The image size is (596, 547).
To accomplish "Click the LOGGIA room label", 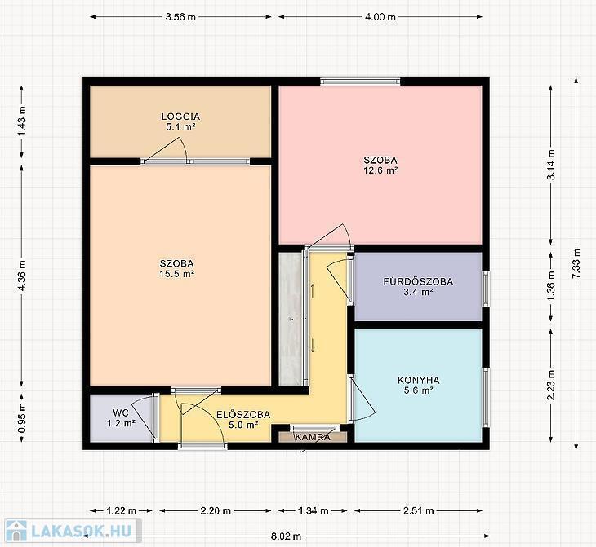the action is click(180, 117).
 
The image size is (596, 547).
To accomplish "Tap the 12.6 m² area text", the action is click(380, 170).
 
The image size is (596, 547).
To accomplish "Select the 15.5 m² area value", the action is click(177, 274).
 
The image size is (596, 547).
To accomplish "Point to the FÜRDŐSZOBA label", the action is click(418, 282).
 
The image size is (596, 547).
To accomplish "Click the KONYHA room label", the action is click(419, 380).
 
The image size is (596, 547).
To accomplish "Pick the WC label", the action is click(121, 412).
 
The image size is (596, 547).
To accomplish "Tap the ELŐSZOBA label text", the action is click(243, 414).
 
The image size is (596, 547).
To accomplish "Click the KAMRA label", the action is click(313, 437).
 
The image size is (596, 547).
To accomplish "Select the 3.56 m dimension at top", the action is click(180, 17).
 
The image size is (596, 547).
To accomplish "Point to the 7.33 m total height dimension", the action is click(576, 264).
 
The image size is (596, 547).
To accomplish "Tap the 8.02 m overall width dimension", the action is click(286, 536).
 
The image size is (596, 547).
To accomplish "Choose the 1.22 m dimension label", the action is click(122, 510).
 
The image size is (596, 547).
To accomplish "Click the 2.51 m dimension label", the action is click(419, 510).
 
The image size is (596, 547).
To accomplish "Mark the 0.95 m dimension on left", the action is click(22, 417).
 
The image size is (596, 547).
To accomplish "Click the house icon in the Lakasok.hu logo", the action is click(16, 531).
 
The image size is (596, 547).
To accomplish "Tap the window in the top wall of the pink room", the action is click(360, 82).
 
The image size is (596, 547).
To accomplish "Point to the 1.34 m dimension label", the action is click(314, 510).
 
